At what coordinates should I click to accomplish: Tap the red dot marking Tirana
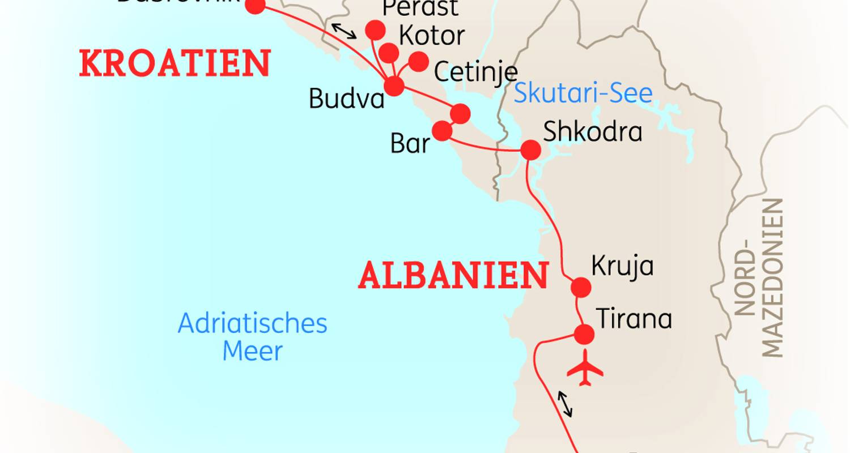tap(584, 335)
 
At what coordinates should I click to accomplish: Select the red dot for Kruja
tap(581, 288)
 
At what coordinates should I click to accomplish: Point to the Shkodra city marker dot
tap(531, 149)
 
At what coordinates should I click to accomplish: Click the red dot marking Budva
tap(394, 86)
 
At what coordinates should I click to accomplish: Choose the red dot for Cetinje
tap(418, 62)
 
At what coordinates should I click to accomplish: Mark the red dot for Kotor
tap(388, 53)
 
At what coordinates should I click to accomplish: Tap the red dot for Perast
tap(375, 30)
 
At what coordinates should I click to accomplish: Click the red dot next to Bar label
tap(442, 131)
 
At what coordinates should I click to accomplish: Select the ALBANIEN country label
tap(453, 276)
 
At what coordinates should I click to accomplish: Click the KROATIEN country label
tap(175, 63)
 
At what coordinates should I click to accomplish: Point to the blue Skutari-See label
tap(583, 93)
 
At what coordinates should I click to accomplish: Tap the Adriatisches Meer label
tap(253, 337)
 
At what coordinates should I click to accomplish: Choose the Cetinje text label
tap(475, 72)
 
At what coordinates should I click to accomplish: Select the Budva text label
tap(347, 99)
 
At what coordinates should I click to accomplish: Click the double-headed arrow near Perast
tap(344, 31)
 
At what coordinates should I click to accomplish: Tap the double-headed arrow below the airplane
tap(564, 404)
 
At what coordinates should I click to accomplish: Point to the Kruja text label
tap(622, 266)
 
